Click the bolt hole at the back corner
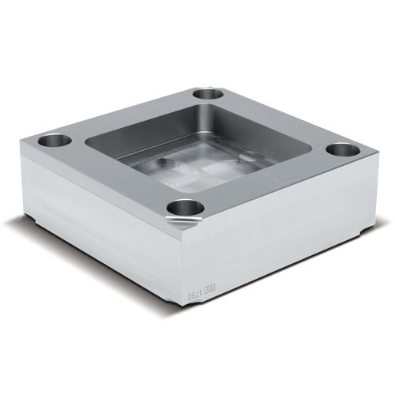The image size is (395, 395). click(208, 93)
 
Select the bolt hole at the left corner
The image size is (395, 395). click(54, 143)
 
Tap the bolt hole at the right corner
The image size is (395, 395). click(341, 149)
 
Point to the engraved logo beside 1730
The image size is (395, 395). click(210, 290)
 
